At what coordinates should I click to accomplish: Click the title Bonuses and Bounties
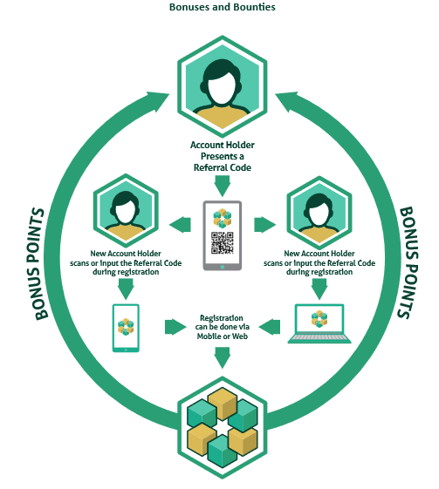(222, 7)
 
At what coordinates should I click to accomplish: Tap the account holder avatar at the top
(222, 86)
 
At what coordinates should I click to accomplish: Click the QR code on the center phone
(222, 242)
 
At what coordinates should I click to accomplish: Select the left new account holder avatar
(126, 211)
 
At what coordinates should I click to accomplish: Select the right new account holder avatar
(319, 213)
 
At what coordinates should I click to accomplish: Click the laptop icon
(319, 323)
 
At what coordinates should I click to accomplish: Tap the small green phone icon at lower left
(126, 328)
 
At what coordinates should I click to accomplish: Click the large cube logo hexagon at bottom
(222, 427)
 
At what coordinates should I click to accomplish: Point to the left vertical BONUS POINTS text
(36, 264)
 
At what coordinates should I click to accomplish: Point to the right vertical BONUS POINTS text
(408, 262)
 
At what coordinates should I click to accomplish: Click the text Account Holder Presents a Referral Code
(223, 156)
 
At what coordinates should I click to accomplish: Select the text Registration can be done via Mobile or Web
(223, 327)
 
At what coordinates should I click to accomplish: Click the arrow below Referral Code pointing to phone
(222, 186)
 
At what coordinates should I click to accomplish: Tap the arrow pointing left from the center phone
(180, 225)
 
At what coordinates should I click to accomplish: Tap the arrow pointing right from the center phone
(265, 225)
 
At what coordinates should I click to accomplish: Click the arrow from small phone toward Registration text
(175, 327)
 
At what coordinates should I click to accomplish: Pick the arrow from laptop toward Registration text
(270, 327)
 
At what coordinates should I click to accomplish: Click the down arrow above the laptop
(319, 289)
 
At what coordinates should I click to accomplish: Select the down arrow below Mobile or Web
(222, 357)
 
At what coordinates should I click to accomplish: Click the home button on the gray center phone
(222, 267)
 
